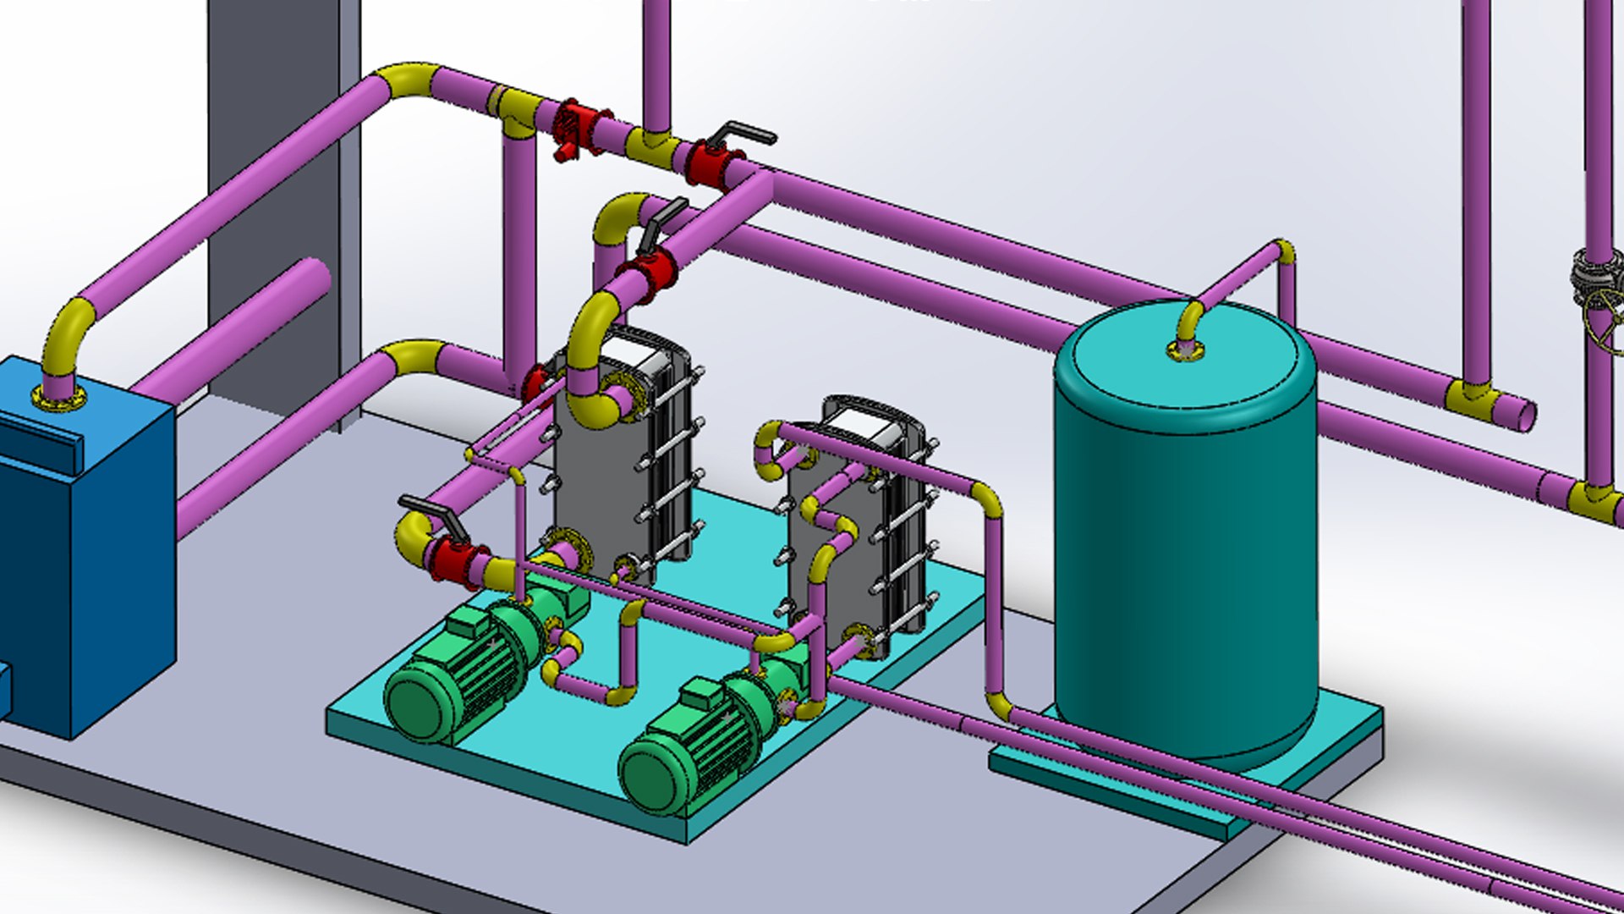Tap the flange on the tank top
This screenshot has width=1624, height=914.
tap(1187, 349)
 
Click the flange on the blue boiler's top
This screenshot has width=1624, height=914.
tap(59, 396)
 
